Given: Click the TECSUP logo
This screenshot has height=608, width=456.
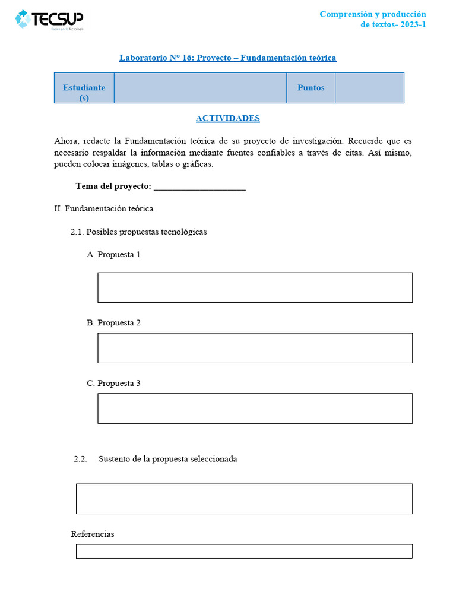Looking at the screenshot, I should pos(49,20).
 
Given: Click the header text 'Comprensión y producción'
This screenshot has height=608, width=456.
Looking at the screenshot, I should pos(373,14).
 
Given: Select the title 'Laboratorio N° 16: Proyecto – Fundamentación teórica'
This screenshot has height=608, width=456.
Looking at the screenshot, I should pos(227,58).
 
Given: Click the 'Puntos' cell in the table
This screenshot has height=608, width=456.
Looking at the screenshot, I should pos(311,88).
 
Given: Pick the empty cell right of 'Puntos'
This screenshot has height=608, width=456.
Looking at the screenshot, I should pos(369,88).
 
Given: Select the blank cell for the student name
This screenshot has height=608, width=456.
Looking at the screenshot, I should pos(200,88).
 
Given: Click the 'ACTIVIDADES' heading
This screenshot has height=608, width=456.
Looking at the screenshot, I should pos(227,118).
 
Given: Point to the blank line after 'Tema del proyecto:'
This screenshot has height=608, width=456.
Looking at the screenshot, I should pos(199,186).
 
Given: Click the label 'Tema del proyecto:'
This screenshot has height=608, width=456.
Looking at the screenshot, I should pos(113,186).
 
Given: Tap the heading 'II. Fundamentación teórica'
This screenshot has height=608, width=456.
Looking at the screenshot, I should pos(103,209).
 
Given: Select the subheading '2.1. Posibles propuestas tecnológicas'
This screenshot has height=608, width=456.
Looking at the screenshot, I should pos(138,232).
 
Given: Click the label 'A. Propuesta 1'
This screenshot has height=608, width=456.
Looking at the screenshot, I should pos(113,254).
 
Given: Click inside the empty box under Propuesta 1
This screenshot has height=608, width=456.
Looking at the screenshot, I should pos(255,287).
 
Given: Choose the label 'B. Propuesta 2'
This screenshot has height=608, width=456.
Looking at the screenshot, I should pos(113,323).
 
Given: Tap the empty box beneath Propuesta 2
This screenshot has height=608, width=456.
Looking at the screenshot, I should pos(255,348).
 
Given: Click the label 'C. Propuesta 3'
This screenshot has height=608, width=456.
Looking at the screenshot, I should pos(113,384).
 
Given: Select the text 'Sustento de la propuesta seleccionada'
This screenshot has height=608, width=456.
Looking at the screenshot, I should pos(167,459).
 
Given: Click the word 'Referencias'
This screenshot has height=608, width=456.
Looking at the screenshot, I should pos(93,534).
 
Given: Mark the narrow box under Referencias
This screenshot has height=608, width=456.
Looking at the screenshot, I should pos(244,552).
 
